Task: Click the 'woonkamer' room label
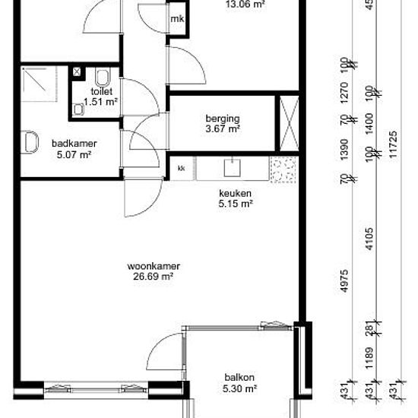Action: (x=154, y=266)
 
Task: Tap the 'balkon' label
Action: (x=239, y=378)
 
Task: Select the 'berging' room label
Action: (x=223, y=119)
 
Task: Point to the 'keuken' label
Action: (x=235, y=193)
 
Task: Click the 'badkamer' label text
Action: (x=74, y=144)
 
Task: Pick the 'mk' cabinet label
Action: (x=177, y=19)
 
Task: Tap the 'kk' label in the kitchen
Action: (x=182, y=168)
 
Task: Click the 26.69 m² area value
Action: (x=154, y=277)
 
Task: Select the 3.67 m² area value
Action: (x=223, y=128)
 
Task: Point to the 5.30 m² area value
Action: (x=239, y=388)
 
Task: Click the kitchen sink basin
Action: (x=233, y=168)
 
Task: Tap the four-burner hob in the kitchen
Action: (x=283, y=169)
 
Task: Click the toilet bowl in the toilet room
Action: (x=103, y=78)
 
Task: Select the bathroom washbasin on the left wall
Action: (x=30, y=142)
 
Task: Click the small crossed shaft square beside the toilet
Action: (x=77, y=71)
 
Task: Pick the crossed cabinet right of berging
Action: (x=290, y=123)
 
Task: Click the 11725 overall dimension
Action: (x=393, y=144)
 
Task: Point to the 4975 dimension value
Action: (x=344, y=281)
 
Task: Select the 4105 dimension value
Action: (x=369, y=239)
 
